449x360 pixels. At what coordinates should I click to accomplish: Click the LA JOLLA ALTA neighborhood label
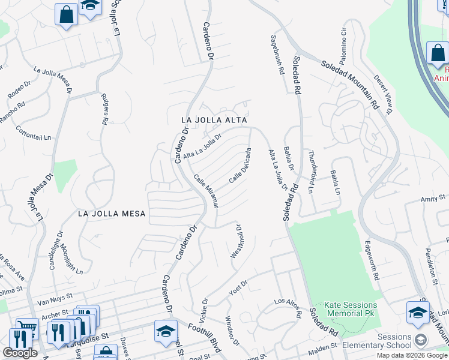(214, 120)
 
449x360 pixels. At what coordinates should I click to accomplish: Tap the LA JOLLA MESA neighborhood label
(112, 213)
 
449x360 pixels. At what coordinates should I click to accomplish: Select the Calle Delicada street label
(239, 165)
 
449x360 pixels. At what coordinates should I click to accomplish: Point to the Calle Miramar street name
(205, 191)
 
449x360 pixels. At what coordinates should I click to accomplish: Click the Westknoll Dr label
(236, 242)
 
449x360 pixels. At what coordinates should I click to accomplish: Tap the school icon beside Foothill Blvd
(166, 331)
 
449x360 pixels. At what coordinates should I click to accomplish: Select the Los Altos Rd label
(288, 308)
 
